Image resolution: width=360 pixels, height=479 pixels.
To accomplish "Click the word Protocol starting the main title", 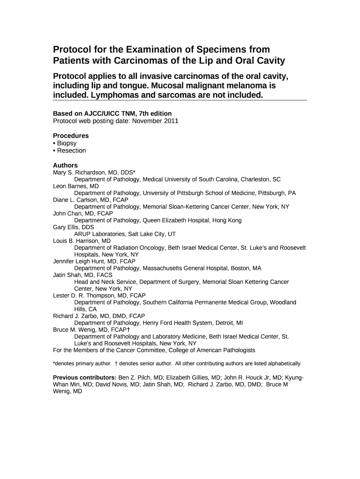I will [x=71, y=50].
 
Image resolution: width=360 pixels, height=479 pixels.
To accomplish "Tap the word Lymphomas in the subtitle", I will [x=113, y=95].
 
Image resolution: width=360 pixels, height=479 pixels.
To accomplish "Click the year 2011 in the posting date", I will [x=171, y=121].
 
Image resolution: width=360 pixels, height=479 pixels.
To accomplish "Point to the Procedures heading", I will [x=71, y=136].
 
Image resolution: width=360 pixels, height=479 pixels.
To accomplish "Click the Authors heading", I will [x=65, y=165].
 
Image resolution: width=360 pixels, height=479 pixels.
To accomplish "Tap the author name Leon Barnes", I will [x=70, y=186].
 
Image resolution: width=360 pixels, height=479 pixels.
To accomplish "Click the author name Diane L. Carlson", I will [x=74, y=199].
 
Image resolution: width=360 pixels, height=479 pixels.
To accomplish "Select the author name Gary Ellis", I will [x=66, y=227].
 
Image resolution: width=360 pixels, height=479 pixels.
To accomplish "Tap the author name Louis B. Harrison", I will [x=75, y=241].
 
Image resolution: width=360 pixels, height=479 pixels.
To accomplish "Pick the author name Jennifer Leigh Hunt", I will [x=79, y=261].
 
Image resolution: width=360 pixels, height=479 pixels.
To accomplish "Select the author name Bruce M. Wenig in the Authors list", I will [x=75, y=329].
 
